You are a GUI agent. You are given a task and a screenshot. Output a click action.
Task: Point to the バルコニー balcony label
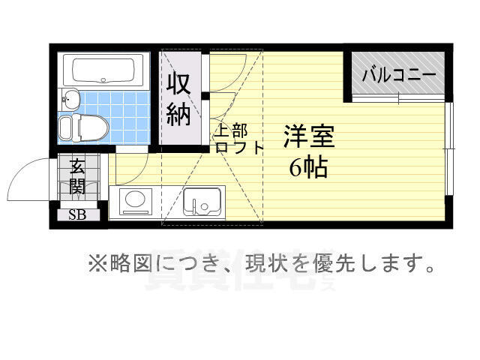pos(398,75)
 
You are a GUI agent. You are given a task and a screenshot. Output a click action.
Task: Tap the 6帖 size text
pos(308,167)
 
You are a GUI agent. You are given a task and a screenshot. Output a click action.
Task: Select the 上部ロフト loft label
pos(238,139)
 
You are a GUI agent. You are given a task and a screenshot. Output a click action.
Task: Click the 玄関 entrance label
pos(77,177)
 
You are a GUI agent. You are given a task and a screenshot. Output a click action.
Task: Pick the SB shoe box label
pos(77,215)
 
